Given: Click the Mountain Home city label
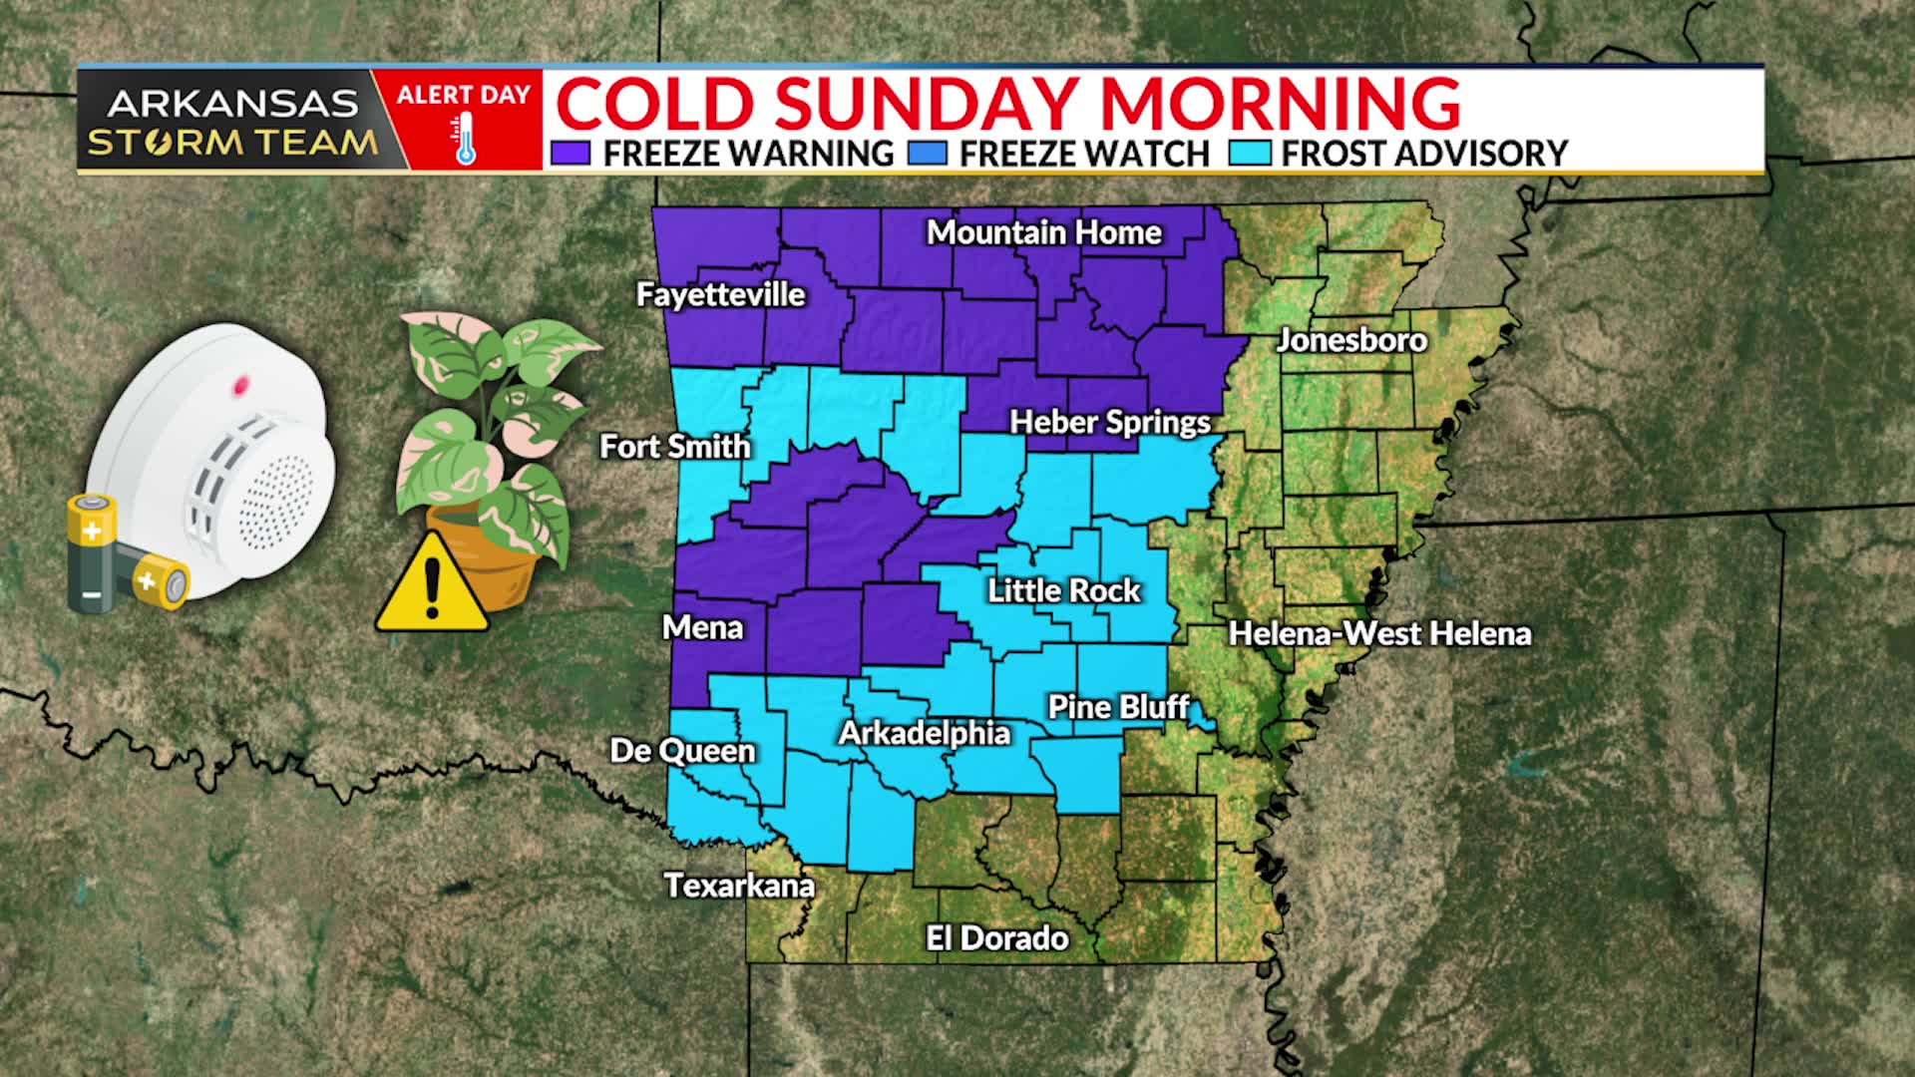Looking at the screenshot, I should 1043,232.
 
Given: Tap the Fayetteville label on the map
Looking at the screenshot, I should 720,294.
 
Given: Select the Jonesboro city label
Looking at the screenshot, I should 1351,340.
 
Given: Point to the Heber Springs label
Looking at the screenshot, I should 1109,422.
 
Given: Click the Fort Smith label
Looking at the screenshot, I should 674,446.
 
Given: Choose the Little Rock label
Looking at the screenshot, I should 1063,590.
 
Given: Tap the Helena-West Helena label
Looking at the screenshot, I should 1379,633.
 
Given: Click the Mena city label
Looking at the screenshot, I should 702,627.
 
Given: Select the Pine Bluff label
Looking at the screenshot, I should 1118,707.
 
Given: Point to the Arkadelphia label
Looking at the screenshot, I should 924,733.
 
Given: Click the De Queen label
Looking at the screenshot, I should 682,750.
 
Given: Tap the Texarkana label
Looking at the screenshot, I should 739,886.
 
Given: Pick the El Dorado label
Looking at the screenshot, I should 996,937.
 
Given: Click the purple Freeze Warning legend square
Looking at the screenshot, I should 571,154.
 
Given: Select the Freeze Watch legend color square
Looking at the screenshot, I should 928,154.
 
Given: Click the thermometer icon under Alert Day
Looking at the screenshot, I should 465,139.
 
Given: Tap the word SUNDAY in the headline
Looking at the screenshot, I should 929,103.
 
